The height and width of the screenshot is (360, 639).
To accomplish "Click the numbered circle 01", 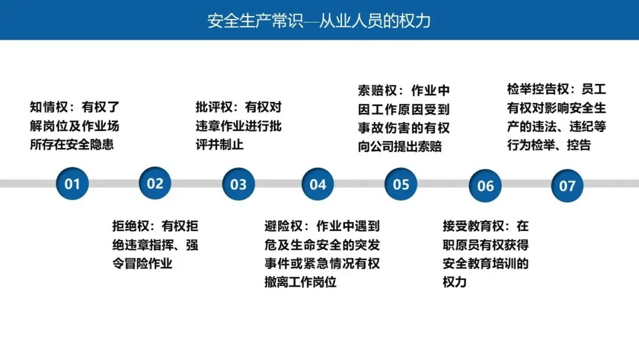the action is tap(72, 184).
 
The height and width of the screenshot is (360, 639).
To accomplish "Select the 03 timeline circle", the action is tap(238, 184).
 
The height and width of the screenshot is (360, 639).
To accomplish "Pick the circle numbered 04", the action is tap(318, 184).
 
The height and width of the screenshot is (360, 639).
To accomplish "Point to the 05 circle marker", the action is tap(401, 184).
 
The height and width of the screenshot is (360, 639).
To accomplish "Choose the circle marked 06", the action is tap(485, 186).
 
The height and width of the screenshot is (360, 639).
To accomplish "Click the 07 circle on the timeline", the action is tap(567, 186).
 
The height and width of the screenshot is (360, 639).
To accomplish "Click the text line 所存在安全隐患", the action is tap(72, 144).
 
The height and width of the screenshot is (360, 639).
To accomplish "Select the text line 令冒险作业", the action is tap(143, 263).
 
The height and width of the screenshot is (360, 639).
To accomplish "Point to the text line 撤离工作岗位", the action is tap(301, 282).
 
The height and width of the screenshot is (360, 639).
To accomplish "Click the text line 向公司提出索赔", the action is tap(400, 146).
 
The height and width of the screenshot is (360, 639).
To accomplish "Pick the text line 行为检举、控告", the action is tap(549, 145).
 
